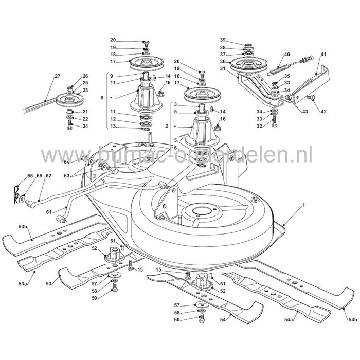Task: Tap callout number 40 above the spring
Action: pos(287,54)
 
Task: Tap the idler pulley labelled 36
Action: pos(251,65)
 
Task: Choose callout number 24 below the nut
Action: pos(85,126)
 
